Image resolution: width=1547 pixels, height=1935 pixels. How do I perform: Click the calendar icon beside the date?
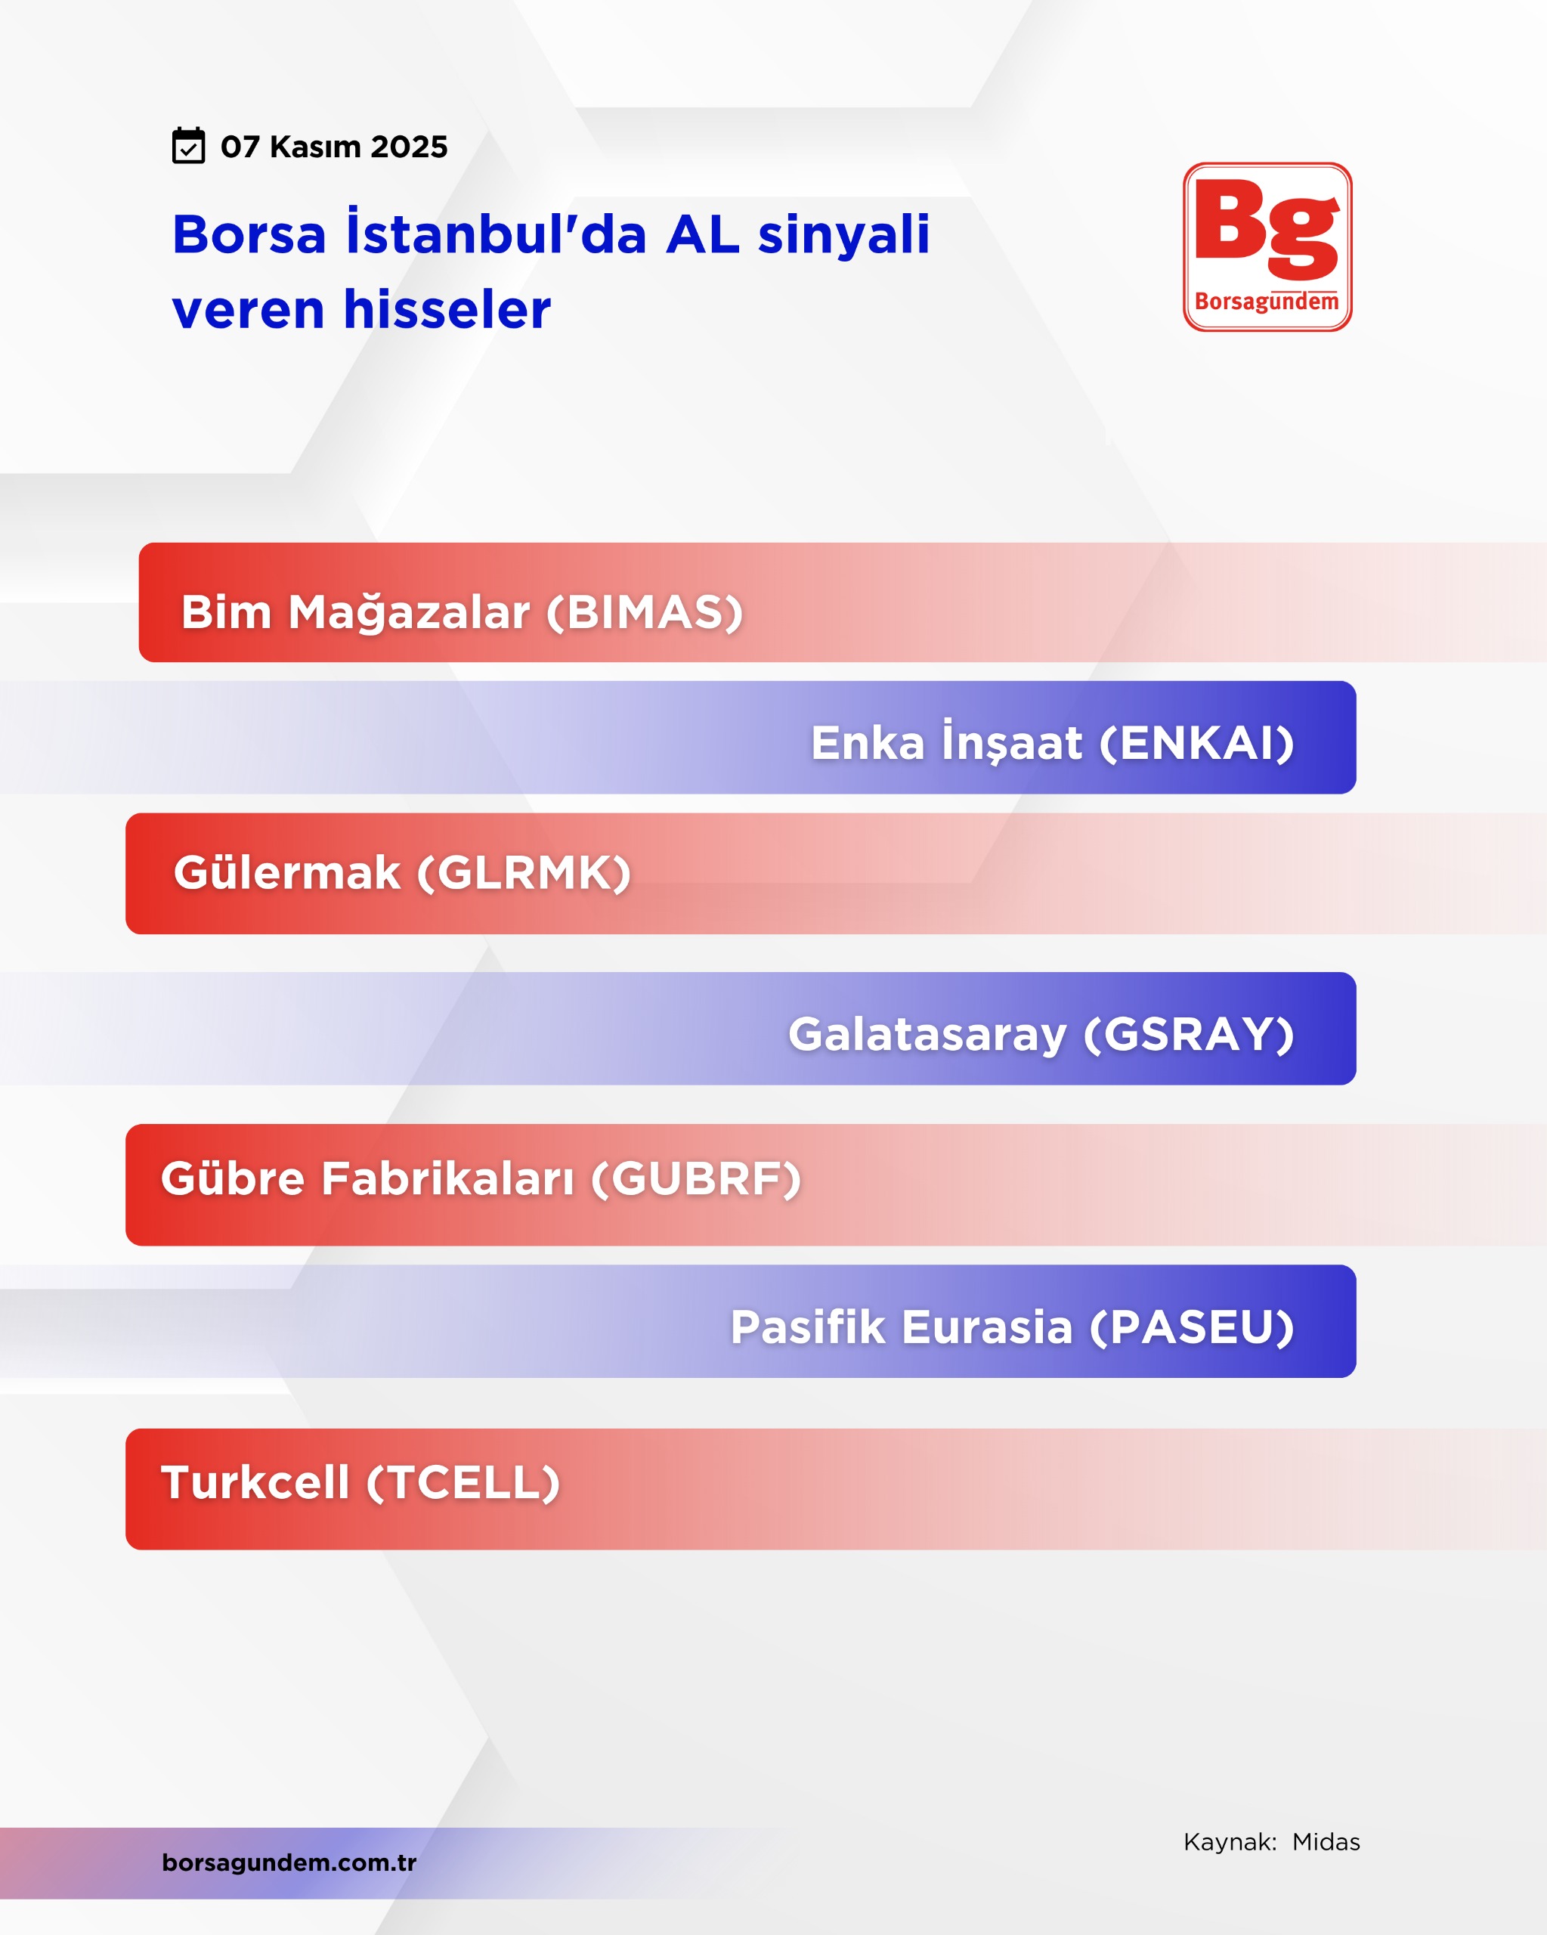tap(188, 145)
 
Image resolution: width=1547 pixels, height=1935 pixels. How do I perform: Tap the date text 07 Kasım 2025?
tap(334, 147)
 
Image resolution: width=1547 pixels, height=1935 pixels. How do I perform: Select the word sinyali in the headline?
tap(843, 236)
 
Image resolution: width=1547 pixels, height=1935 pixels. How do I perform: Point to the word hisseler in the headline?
tap(447, 310)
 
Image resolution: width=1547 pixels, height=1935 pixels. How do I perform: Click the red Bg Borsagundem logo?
tap(1267, 247)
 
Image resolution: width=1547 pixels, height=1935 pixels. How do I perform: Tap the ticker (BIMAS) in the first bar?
tap(645, 612)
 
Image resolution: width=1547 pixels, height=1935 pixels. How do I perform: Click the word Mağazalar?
tap(408, 614)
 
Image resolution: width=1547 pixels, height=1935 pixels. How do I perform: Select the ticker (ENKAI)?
tap(1196, 743)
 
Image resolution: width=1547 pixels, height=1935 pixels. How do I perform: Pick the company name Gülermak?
tap(287, 872)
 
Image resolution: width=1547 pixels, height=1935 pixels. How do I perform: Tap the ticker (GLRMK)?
tap(524, 873)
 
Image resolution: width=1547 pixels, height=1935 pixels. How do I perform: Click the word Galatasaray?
tap(928, 1035)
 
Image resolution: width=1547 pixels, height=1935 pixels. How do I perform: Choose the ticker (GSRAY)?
tap(1189, 1034)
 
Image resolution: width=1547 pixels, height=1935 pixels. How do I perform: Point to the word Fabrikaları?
tap(447, 1178)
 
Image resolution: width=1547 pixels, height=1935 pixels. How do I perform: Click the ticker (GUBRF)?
tap(695, 1179)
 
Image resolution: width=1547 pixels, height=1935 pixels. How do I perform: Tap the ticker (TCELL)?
tap(463, 1483)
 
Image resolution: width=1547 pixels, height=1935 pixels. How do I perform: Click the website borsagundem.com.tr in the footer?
tap(289, 1862)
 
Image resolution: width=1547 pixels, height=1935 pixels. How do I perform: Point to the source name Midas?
tap(1326, 1843)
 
